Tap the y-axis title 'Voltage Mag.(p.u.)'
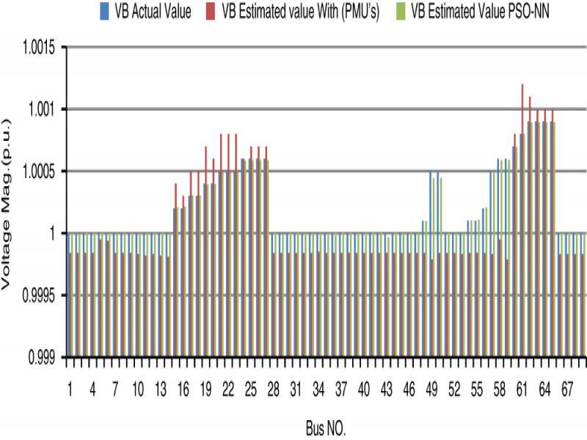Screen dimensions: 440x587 (8, 202)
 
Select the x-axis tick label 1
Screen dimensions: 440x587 (71, 384)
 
